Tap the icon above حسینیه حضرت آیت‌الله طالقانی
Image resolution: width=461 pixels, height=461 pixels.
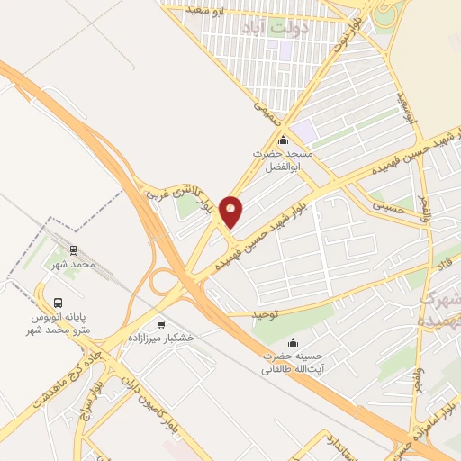tap(294, 343)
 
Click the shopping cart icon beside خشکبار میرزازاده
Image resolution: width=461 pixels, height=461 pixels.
tap(161, 325)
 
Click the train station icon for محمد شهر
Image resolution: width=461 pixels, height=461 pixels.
tap(74, 251)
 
